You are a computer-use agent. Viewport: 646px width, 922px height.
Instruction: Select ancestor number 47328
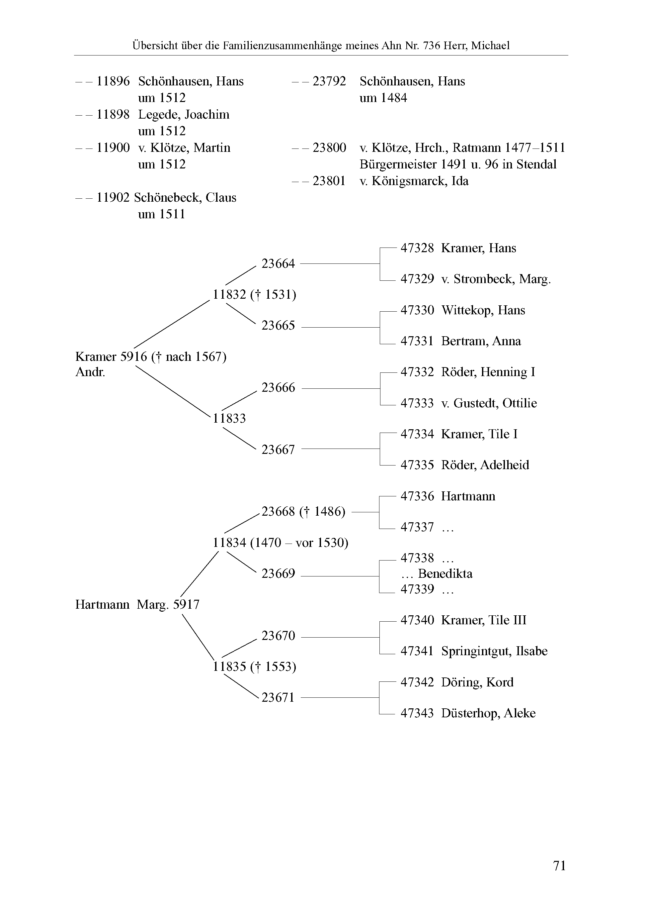417,248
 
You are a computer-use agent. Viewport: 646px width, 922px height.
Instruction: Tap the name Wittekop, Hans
483,310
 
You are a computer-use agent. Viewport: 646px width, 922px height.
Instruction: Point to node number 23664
278,263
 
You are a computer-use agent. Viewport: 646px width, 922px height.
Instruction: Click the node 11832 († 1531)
254,294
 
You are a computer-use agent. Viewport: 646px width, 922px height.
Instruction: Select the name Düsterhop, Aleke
488,713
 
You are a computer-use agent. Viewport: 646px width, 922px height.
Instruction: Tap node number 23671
278,697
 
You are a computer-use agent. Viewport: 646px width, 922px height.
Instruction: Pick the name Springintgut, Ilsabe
494,651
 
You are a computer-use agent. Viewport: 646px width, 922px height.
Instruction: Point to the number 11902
113,198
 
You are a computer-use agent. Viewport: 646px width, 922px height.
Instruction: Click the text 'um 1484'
383,98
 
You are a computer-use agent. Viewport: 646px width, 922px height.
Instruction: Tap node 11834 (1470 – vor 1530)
280,543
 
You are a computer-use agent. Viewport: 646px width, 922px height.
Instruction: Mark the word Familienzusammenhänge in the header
283,46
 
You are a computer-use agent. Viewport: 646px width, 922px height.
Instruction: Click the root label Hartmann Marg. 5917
137,604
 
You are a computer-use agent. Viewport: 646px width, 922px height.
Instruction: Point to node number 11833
229,418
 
